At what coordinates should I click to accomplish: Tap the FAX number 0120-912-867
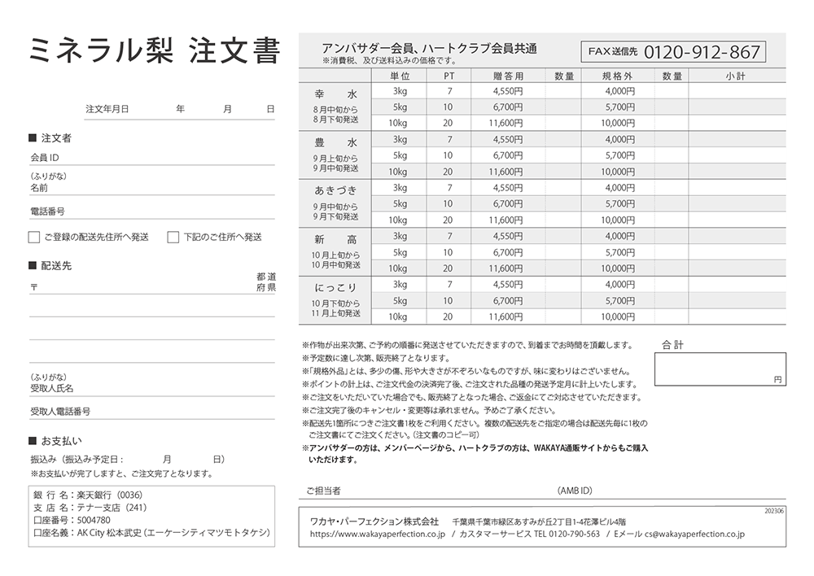[x=702, y=53]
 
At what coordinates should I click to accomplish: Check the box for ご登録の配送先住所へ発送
[x=34, y=238]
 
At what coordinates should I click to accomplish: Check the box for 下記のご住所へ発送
[x=173, y=238]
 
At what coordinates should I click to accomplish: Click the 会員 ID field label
[x=45, y=158]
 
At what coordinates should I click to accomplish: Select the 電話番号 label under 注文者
[x=47, y=212]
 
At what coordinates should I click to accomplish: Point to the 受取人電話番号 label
[x=60, y=412]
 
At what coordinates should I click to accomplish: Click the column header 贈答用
[x=507, y=76]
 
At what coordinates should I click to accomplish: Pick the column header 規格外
[x=617, y=76]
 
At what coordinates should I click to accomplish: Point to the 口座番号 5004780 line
[x=72, y=520]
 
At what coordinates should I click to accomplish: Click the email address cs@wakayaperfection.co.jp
[x=694, y=535]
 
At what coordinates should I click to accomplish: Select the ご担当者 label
[x=323, y=491]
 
